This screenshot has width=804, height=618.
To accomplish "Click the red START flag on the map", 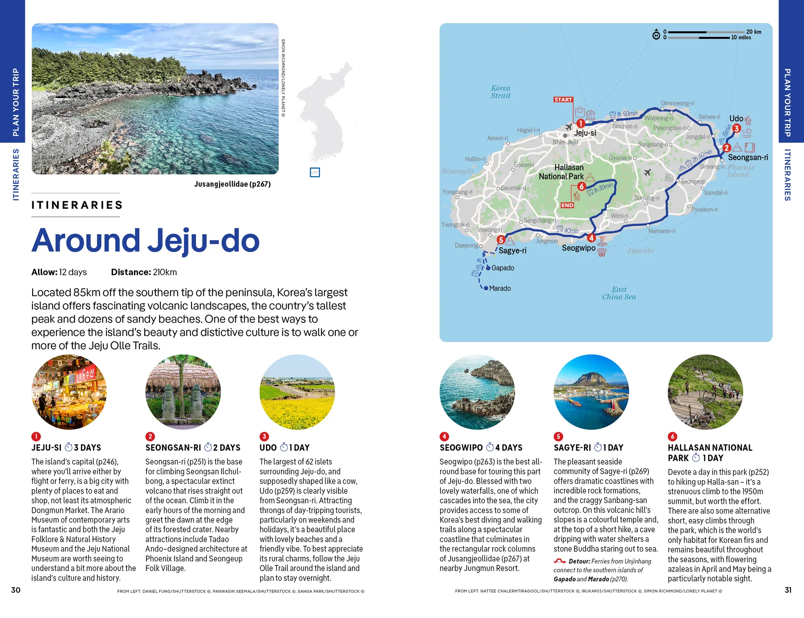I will [x=563, y=100].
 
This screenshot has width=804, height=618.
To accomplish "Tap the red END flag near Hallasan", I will [x=567, y=205].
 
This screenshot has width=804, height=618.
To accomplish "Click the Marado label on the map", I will [x=500, y=289].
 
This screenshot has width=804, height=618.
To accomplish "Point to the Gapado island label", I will [x=502, y=268].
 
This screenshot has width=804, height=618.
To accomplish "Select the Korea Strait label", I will [x=500, y=92].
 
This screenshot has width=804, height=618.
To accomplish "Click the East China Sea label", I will [x=619, y=293].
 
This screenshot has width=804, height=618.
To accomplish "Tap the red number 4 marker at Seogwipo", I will [x=591, y=238].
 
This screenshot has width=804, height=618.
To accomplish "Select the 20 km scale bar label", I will [x=754, y=32].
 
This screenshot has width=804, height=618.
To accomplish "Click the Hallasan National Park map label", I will [x=561, y=172].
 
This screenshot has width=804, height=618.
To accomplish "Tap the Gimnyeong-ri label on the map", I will [x=677, y=103].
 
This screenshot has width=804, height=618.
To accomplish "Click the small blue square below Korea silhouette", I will [x=315, y=172].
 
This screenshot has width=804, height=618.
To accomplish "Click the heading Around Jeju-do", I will [x=145, y=241].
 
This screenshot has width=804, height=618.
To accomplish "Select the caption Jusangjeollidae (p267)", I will [x=232, y=184].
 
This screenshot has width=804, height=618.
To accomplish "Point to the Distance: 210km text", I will [x=144, y=272].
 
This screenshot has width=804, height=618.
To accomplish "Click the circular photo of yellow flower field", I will [x=297, y=392].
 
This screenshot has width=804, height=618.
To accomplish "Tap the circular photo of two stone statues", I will [x=183, y=392].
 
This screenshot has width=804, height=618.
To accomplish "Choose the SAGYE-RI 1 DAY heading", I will [x=588, y=448].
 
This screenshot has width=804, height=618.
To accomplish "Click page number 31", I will [x=788, y=590].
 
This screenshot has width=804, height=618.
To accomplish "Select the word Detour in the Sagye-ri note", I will [x=579, y=561].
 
